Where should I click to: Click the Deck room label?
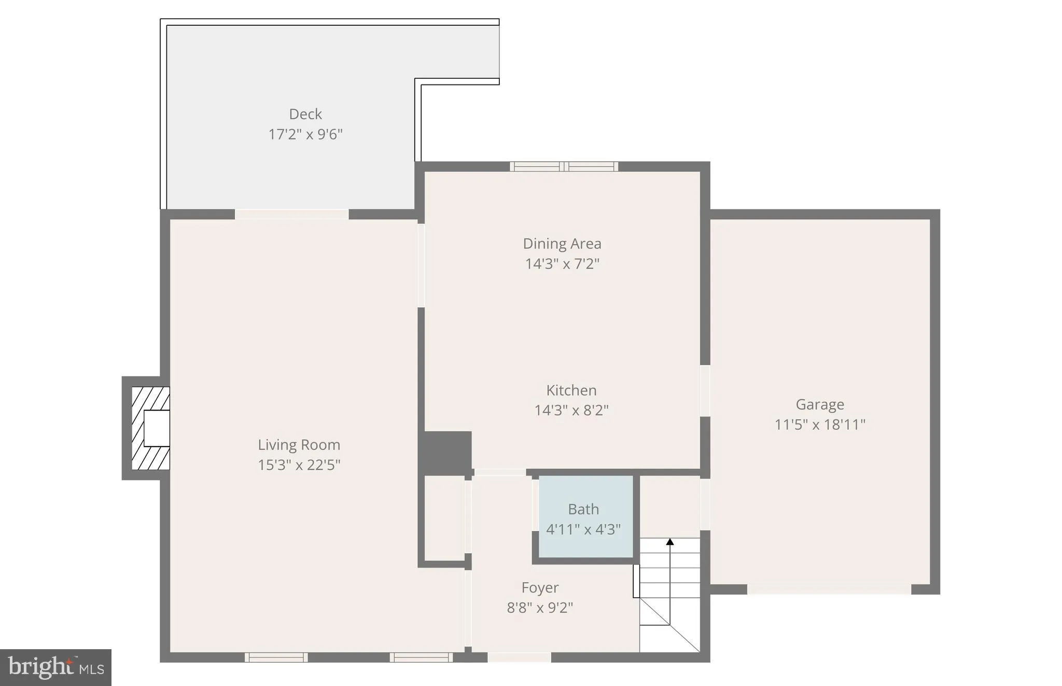coord(305,114)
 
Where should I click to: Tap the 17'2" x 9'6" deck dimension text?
coord(305,134)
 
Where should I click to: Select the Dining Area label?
coord(562,244)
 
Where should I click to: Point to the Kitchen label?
coord(571,390)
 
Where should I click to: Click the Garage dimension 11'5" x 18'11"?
coord(820,425)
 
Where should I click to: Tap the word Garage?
coord(820,404)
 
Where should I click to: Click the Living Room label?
coord(299,445)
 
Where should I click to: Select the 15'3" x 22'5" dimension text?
coord(299,465)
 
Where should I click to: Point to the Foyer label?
coord(540,587)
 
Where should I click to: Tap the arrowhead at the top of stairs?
coord(670,542)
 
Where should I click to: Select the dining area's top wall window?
coord(564,166)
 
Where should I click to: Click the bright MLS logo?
coord(55,667)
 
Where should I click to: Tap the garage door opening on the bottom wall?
coord(829,589)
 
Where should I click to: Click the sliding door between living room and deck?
coord(291,214)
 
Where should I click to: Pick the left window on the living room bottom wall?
coord(276,657)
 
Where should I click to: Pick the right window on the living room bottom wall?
coord(421,657)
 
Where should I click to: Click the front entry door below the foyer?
coord(519,657)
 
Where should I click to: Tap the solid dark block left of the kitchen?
coord(445,452)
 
